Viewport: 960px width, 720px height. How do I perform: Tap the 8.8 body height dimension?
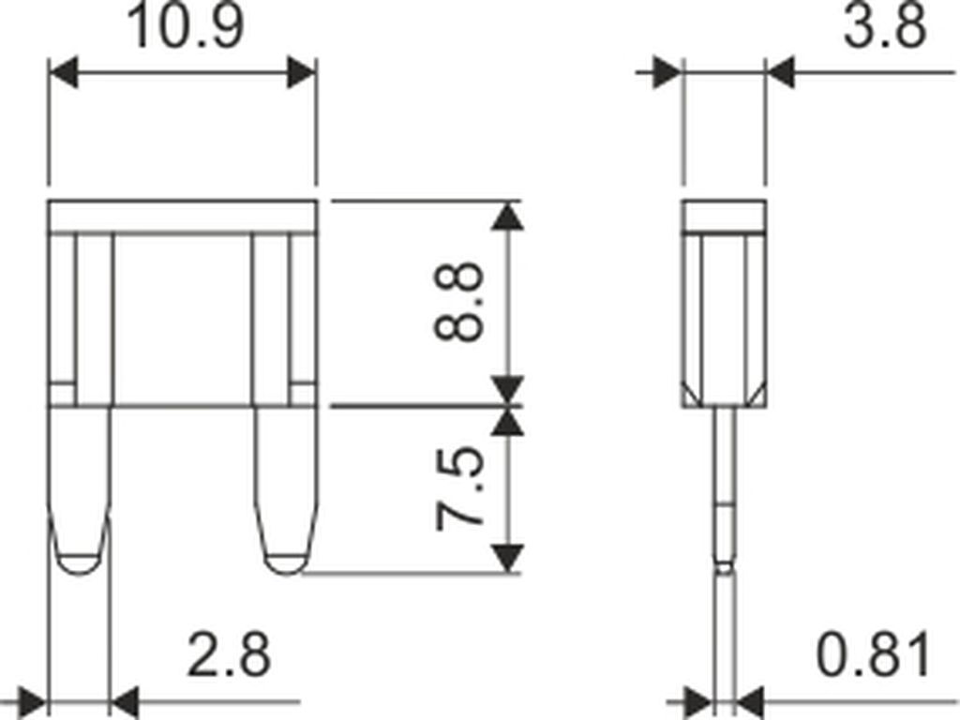coord(457,301)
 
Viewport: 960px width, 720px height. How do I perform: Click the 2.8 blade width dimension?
coord(229,655)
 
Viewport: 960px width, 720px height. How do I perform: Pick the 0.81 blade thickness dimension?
coord(873,655)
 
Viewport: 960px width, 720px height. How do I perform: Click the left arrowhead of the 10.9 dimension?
coord(63,72)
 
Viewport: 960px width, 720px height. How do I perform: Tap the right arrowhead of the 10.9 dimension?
coord(302,72)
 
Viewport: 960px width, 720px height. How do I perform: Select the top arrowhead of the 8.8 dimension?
coord(507,217)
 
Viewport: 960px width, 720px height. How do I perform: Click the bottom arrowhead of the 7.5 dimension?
coord(507,558)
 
